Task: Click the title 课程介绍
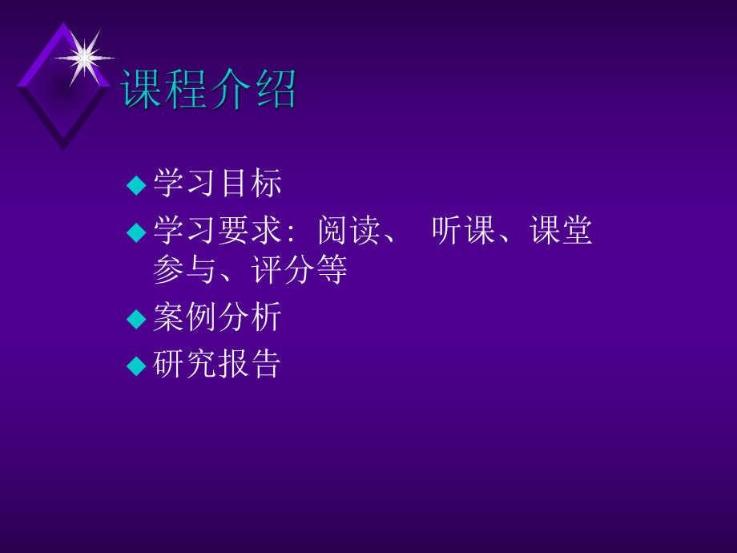pyautogui.click(x=208, y=88)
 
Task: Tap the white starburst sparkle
pyautogui.click(x=83, y=57)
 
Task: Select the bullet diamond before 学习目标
pyautogui.click(x=137, y=185)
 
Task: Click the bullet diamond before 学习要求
pyautogui.click(x=137, y=232)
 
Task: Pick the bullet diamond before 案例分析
pyautogui.click(x=137, y=318)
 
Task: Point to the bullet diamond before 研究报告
pyautogui.click(x=137, y=365)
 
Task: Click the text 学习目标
pyautogui.click(x=217, y=184)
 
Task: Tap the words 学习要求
pyautogui.click(x=217, y=231)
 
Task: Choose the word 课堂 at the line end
pyautogui.click(x=562, y=231)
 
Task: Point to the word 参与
pyautogui.click(x=184, y=270)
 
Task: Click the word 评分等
pyautogui.click(x=300, y=270)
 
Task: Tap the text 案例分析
pyautogui.click(x=217, y=317)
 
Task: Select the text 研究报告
pyautogui.click(x=217, y=365)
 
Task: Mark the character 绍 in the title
pyautogui.click(x=275, y=88)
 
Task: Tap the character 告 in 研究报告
pyautogui.click(x=265, y=365)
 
